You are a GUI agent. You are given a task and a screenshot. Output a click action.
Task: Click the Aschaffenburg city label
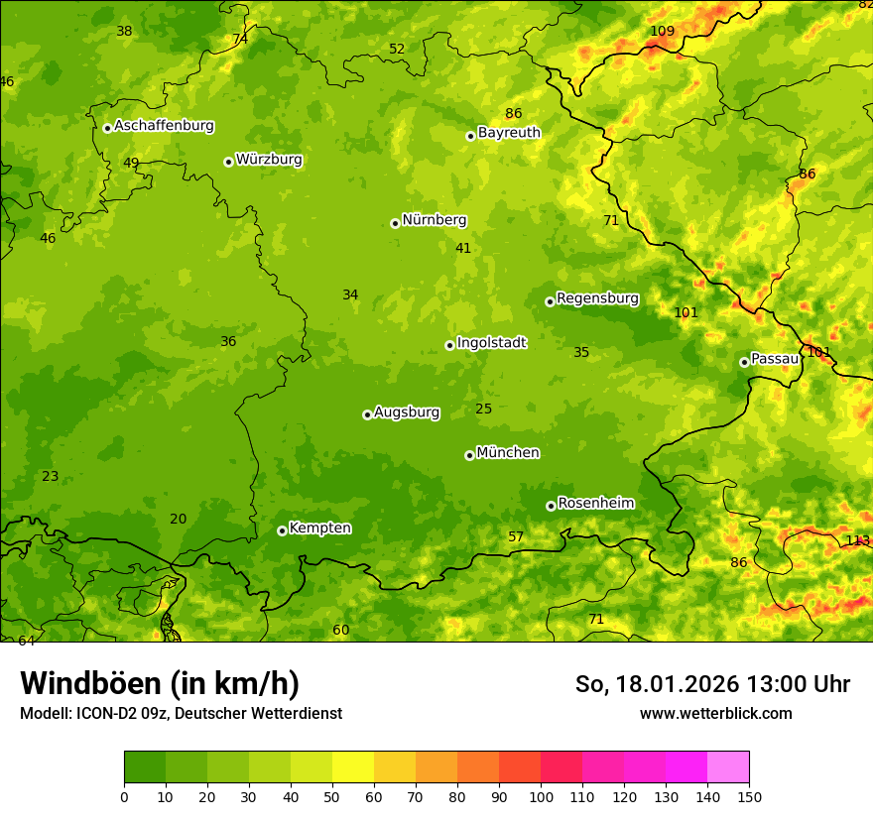point(164,126)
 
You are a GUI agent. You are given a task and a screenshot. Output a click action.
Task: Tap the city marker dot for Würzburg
point(228,162)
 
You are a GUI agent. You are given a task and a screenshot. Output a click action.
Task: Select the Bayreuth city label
point(509,132)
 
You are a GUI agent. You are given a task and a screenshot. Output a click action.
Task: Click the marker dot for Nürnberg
point(395,223)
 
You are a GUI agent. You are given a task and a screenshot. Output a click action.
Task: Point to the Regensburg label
point(597,297)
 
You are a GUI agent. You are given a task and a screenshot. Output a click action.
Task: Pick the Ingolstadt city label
point(491,342)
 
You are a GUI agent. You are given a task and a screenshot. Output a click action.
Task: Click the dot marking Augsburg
point(367,414)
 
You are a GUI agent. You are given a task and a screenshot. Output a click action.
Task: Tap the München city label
point(508,452)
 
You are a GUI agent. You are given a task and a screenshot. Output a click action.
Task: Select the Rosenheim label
point(595,503)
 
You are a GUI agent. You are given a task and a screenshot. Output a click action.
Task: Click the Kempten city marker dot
point(282,530)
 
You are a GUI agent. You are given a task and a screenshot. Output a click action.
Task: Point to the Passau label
point(775,358)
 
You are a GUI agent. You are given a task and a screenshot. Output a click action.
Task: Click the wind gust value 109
point(662,31)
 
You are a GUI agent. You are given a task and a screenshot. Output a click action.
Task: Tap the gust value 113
point(857,540)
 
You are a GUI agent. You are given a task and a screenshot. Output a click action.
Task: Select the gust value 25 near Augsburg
point(483,409)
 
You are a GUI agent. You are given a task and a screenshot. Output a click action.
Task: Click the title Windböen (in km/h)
point(160,683)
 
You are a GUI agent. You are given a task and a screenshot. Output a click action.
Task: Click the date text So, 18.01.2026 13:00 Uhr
point(712,684)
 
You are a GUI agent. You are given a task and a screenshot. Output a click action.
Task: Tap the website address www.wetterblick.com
point(715,714)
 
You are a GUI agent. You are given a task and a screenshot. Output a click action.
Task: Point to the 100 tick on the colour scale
point(541,796)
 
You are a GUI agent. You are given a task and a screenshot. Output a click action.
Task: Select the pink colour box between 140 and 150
point(728,767)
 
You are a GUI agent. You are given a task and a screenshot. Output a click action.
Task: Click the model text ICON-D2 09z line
point(181,714)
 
